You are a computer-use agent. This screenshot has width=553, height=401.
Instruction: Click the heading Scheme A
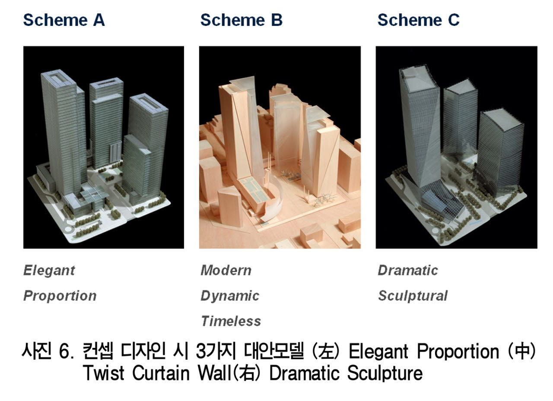coord(64,20)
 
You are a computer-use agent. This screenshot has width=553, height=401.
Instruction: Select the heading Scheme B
coord(241,20)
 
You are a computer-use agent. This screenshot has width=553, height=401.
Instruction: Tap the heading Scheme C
coord(419,20)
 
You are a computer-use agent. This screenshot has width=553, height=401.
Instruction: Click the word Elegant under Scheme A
coord(49,271)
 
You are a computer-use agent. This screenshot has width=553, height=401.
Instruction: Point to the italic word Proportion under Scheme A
coord(60,296)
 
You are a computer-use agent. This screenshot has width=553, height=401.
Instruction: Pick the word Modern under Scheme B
coord(226,271)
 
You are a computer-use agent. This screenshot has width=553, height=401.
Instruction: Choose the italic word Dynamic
coord(230,296)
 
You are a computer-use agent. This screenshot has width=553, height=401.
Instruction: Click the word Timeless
coord(231,321)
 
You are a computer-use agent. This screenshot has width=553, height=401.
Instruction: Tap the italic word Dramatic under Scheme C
coord(408,271)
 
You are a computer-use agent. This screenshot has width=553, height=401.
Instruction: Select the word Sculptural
coord(413,296)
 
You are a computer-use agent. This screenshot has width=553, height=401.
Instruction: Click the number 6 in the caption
coord(63,352)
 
